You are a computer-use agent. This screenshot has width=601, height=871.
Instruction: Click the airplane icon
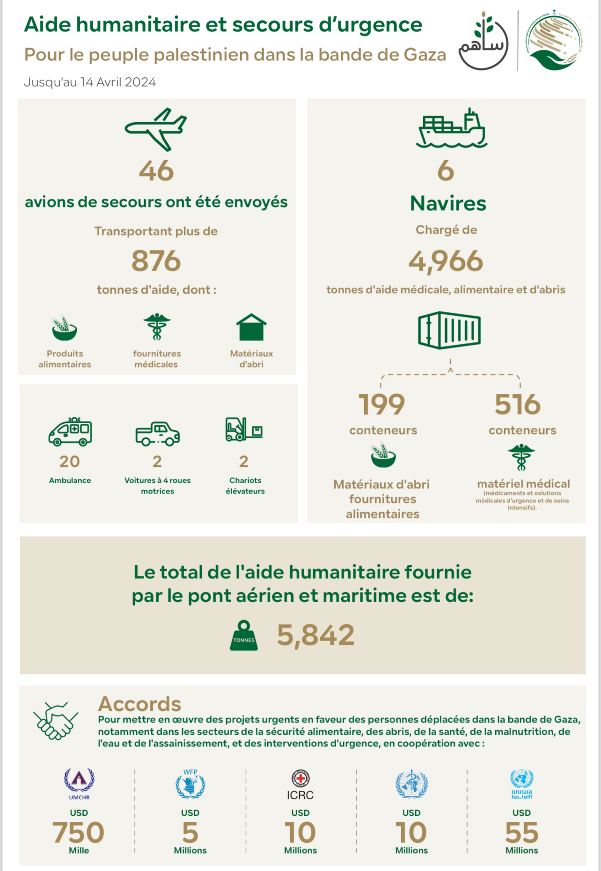tap(156, 129)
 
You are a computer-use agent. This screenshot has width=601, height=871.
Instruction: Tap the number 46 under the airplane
tap(156, 171)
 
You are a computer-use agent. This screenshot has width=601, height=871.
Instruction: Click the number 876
tap(156, 261)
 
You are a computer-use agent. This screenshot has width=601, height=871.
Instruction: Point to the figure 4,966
tap(446, 261)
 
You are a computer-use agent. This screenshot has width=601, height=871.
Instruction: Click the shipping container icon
tap(449, 330)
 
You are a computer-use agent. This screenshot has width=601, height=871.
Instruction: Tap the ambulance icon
tap(70, 431)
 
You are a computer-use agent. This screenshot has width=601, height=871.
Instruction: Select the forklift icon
tap(244, 429)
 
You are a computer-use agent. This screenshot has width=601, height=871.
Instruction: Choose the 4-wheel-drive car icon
tap(157, 434)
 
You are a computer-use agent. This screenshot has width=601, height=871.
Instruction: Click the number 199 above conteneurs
tap(382, 405)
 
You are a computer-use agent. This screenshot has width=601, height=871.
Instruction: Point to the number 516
tap(518, 405)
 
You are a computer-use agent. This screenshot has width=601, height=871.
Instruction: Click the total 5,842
tap(315, 635)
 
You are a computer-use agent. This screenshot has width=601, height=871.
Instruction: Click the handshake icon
tap(55, 720)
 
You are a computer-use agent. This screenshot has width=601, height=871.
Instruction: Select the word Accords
tap(139, 704)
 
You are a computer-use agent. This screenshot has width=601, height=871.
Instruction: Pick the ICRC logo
tap(300, 785)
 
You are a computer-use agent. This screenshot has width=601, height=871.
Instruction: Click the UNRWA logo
tap(521, 784)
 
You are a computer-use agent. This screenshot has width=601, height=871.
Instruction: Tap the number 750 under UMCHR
tap(78, 833)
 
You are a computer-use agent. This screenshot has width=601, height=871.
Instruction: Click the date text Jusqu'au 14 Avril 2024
tap(90, 82)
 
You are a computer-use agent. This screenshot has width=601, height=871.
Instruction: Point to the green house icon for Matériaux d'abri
tap(251, 327)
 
